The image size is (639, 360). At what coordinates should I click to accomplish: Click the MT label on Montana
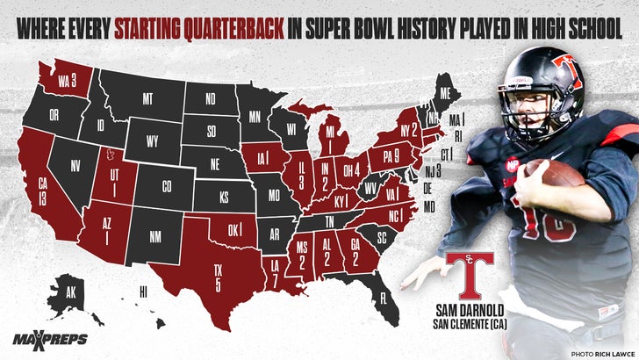pos(147,100)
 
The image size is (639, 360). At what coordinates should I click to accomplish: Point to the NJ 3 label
pos(434,172)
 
